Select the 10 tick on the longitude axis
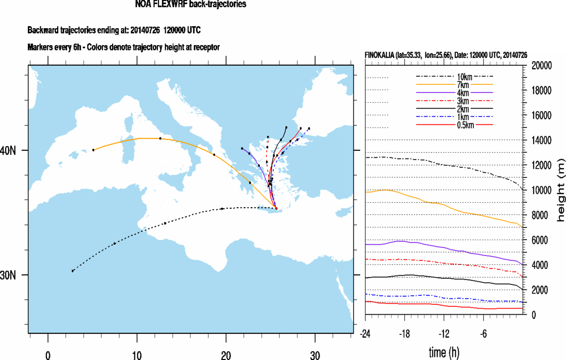point(137,354)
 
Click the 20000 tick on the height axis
point(542,66)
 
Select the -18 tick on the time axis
point(404,333)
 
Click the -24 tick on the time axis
point(365,333)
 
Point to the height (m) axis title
point(561,190)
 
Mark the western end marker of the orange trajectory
point(93,150)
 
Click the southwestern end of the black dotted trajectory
point(73,271)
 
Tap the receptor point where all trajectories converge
point(276,209)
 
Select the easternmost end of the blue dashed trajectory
point(309,128)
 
